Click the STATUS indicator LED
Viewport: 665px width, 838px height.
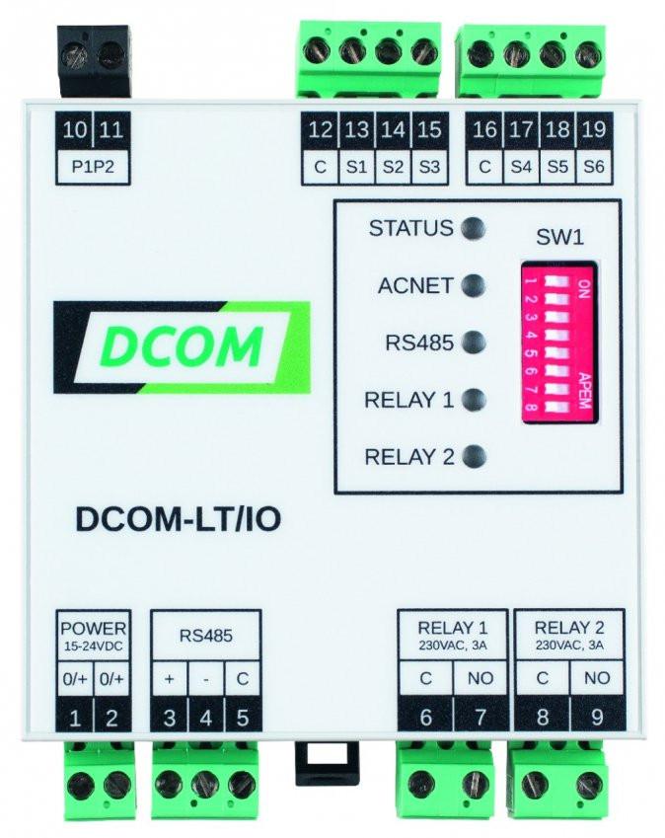pos(474,229)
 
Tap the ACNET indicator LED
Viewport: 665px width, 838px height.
pos(474,285)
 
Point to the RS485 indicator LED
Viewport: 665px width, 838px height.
pos(474,343)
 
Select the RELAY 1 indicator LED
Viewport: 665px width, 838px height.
pos(474,399)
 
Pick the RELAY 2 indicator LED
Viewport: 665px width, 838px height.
pos(474,456)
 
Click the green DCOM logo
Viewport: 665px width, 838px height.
pos(182,347)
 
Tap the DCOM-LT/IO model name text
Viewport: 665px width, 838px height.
pos(179,519)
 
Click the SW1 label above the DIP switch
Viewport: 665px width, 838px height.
pos(559,237)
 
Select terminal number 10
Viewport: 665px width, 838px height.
pos(75,130)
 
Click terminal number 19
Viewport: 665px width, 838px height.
pos(593,130)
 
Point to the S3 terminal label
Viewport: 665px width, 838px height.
pos(429,167)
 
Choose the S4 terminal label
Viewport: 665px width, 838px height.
pos(521,167)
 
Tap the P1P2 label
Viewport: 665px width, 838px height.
pos(93,167)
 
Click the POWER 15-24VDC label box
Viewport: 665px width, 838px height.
pos(94,636)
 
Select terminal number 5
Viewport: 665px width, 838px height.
pos(243,718)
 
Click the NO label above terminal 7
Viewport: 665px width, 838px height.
pos(480,678)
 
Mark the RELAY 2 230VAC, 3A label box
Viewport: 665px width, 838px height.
pos(569,635)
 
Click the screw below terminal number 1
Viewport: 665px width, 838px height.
pos(78,784)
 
